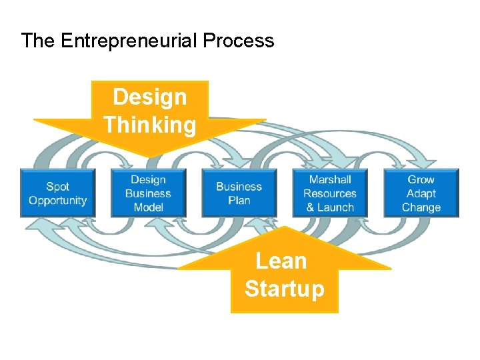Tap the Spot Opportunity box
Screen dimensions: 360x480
click(58, 193)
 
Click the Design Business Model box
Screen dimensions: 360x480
click(148, 193)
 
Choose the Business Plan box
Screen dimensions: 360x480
click(239, 193)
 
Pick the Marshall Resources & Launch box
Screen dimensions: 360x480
click(330, 193)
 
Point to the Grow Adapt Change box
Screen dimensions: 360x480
click(421, 193)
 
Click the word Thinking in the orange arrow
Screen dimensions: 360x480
click(150, 125)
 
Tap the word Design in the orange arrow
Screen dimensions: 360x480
click(150, 97)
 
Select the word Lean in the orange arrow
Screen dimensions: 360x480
click(281, 261)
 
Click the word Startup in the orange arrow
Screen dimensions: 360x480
click(284, 289)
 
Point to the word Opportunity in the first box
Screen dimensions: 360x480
click(58, 201)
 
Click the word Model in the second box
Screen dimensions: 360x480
click(148, 207)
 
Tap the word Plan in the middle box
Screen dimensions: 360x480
click(239, 201)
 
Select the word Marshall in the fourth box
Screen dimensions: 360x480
click(330, 179)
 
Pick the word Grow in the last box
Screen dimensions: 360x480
click(421, 179)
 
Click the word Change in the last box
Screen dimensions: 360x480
click(421, 207)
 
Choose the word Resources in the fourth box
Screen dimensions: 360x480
click(330, 193)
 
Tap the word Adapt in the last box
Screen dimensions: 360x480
click(421, 193)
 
